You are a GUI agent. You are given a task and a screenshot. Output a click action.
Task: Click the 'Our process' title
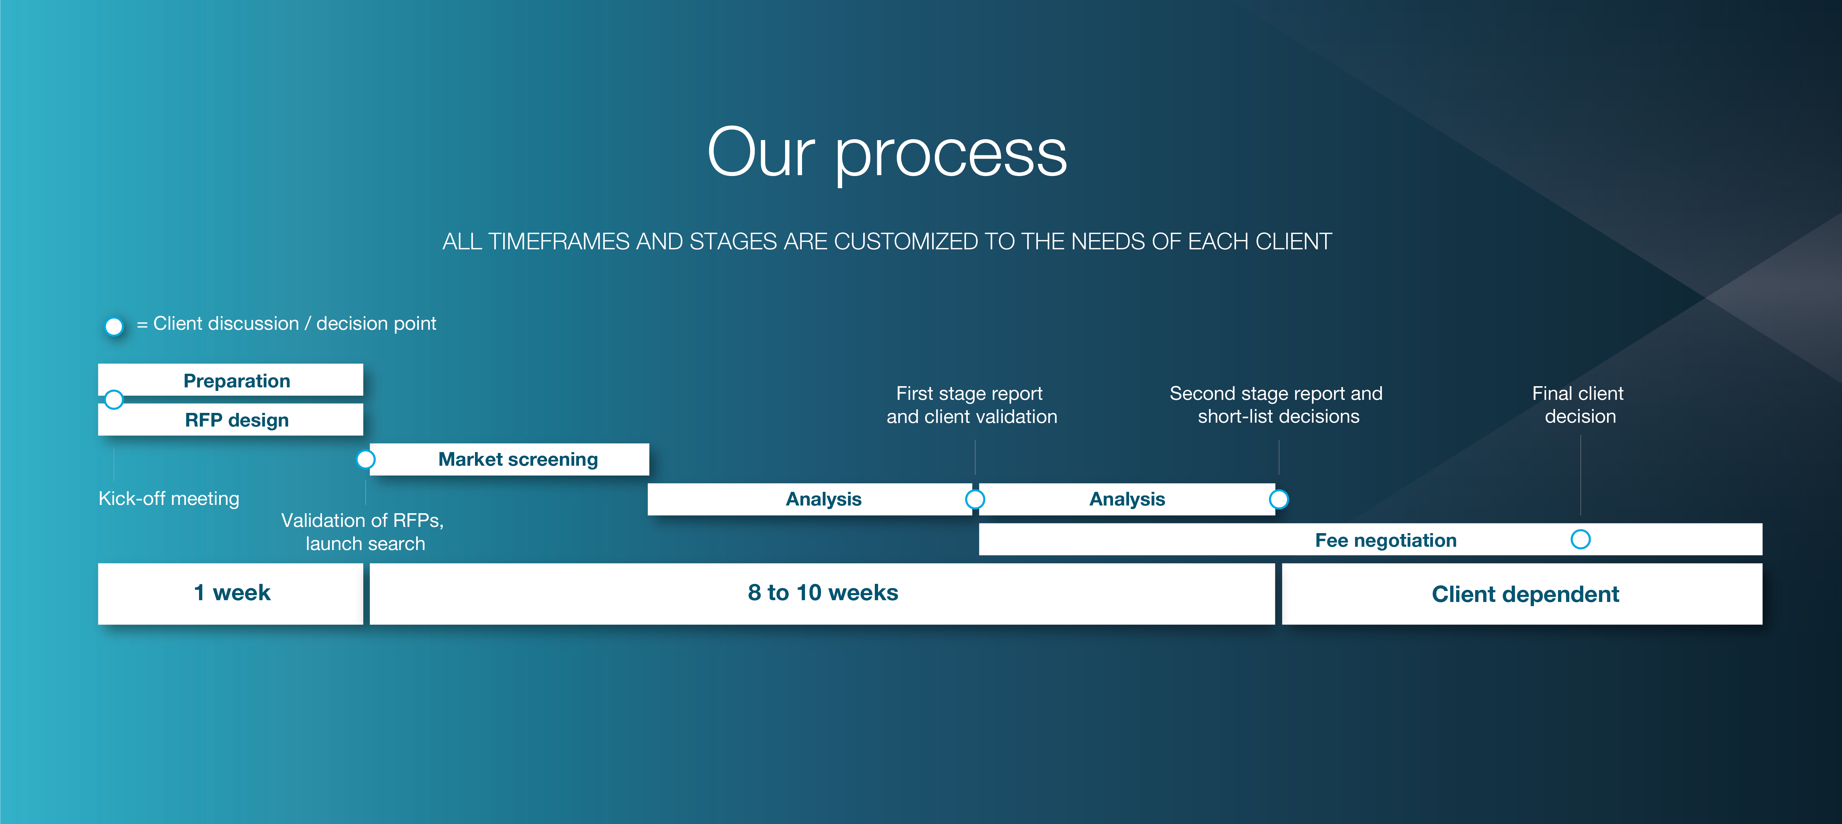(887, 154)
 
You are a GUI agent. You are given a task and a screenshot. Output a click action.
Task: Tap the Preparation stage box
(230, 379)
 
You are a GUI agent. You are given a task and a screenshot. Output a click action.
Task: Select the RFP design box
(230, 419)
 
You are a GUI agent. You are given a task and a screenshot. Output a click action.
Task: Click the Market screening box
(509, 459)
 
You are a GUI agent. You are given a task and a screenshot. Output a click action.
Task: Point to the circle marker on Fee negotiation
(1580, 540)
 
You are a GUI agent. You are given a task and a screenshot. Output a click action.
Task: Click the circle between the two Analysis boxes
(975, 499)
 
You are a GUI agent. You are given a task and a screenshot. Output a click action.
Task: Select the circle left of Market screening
(365, 459)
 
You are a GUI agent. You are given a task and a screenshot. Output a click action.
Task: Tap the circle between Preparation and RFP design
(114, 400)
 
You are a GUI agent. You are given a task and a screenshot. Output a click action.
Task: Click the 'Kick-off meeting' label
(169, 498)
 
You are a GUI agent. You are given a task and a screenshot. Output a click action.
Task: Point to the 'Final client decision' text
(1578, 405)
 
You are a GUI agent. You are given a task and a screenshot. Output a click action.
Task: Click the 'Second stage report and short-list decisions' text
(1276, 405)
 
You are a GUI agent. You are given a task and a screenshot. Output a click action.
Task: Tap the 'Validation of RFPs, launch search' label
(362, 532)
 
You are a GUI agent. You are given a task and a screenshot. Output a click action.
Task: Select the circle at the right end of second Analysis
(1278, 499)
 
